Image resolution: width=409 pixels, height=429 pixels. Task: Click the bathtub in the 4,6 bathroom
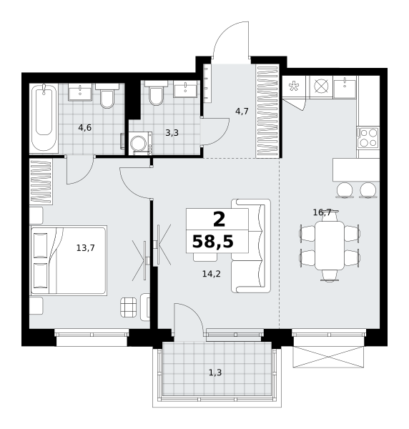point(44,118)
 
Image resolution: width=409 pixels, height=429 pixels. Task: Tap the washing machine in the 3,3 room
point(141,144)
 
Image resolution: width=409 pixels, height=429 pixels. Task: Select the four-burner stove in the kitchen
point(368,138)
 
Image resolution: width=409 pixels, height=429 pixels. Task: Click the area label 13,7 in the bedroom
point(86,248)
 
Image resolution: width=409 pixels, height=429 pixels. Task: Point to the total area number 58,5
point(213,242)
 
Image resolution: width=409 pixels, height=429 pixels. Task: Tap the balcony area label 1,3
point(215,373)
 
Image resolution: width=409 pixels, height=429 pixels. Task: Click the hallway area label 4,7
point(242,112)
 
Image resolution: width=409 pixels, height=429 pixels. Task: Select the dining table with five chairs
point(330,246)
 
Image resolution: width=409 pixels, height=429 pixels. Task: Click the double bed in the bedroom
point(68,260)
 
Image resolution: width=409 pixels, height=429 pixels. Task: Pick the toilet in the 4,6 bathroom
point(107,96)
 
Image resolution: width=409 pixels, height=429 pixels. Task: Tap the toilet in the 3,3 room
point(156,93)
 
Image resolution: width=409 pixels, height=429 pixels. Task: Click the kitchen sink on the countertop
point(345,87)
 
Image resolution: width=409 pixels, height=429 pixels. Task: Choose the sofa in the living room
point(251,246)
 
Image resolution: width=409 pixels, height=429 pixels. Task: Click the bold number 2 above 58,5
point(219,220)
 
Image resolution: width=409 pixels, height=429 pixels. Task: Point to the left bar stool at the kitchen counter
point(345,190)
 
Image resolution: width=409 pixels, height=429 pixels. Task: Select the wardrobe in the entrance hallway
point(267,111)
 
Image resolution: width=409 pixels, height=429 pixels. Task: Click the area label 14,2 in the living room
point(212,274)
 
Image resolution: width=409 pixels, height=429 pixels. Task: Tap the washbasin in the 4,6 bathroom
point(80,92)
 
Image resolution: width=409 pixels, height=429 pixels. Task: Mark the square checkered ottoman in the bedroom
point(128,307)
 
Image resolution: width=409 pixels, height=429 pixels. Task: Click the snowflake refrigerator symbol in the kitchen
point(294,87)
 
